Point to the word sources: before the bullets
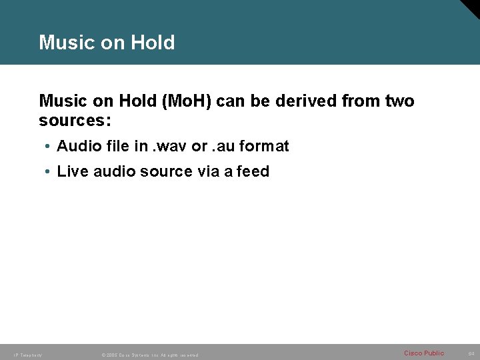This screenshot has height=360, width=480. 75,122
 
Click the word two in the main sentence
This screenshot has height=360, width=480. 399,101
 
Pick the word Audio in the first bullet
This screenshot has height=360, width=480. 77,145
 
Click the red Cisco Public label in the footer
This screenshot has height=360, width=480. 423,353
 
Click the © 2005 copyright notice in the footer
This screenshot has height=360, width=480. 149,355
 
